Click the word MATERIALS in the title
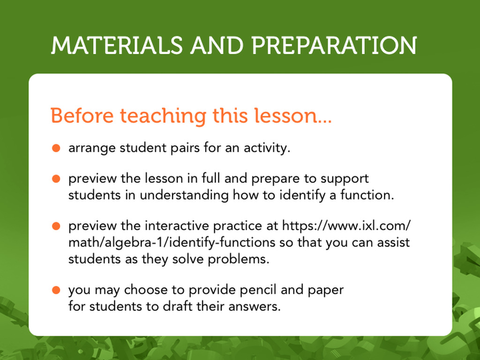click(117, 45)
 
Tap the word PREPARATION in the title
click(334, 45)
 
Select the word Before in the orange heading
click(82, 116)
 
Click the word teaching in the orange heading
click(163, 116)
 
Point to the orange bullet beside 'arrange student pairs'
click(56, 148)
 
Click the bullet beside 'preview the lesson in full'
click(56, 179)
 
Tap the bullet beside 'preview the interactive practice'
click(56, 226)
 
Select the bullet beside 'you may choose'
click(56, 290)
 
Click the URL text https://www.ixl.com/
click(346, 226)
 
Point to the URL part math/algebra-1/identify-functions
click(172, 243)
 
